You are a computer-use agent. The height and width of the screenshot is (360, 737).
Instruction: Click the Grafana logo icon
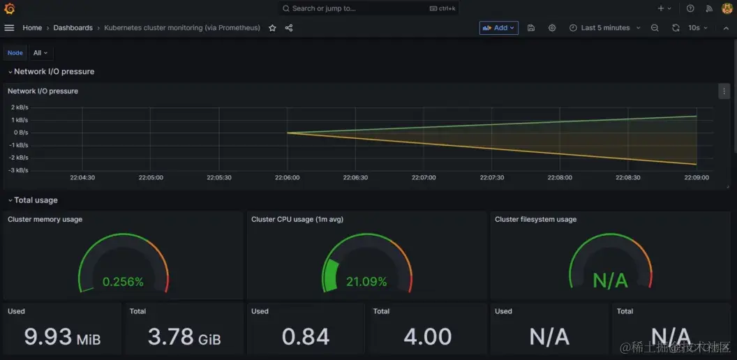point(9,8)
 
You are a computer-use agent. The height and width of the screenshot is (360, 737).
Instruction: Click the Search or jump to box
point(368,8)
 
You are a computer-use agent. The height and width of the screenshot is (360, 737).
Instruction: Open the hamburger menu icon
point(9,28)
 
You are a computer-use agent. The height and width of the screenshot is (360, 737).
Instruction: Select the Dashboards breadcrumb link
point(73,28)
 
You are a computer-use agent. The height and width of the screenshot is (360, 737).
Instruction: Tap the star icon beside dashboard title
point(272,28)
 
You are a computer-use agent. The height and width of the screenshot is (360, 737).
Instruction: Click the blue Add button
point(498,28)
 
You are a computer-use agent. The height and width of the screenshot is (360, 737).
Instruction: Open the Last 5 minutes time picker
point(604,28)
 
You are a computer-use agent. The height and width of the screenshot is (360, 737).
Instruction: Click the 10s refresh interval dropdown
point(697,28)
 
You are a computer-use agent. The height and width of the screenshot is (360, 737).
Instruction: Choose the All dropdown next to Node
point(40,53)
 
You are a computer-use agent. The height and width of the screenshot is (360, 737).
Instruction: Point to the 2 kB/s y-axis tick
point(19,107)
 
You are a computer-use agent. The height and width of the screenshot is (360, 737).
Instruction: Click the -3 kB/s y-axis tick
point(18,170)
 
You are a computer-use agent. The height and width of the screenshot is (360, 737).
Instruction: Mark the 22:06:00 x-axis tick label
point(287,178)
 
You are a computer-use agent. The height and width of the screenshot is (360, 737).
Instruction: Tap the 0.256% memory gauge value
point(123,282)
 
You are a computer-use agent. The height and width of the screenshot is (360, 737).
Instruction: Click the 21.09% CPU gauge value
point(366,282)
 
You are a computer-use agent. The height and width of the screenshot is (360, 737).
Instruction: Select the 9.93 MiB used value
point(62,338)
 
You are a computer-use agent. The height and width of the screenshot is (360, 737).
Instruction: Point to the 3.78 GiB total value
point(184,338)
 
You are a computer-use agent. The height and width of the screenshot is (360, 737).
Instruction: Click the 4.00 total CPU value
point(428,338)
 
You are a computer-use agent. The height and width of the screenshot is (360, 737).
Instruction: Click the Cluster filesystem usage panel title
point(535,219)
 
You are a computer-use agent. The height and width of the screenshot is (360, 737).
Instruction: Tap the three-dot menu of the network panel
point(724,91)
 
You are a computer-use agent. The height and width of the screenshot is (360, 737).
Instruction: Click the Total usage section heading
point(36,200)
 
